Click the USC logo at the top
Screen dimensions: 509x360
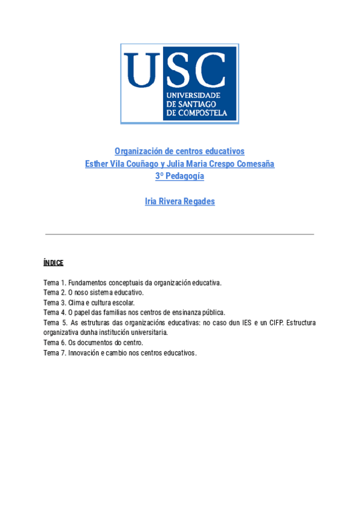(179, 83)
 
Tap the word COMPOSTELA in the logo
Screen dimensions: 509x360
(203, 112)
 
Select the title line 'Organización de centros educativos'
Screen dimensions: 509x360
(179, 151)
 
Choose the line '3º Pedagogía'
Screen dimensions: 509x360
(179, 176)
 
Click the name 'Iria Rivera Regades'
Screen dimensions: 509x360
(179, 202)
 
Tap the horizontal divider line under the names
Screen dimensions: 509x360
(179, 234)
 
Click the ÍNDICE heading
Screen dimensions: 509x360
(53, 263)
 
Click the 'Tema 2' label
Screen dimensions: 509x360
(53, 292)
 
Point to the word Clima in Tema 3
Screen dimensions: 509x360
(76, 303)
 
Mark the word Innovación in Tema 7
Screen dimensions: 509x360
(85, 352)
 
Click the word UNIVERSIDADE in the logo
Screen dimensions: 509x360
(194, 95)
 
